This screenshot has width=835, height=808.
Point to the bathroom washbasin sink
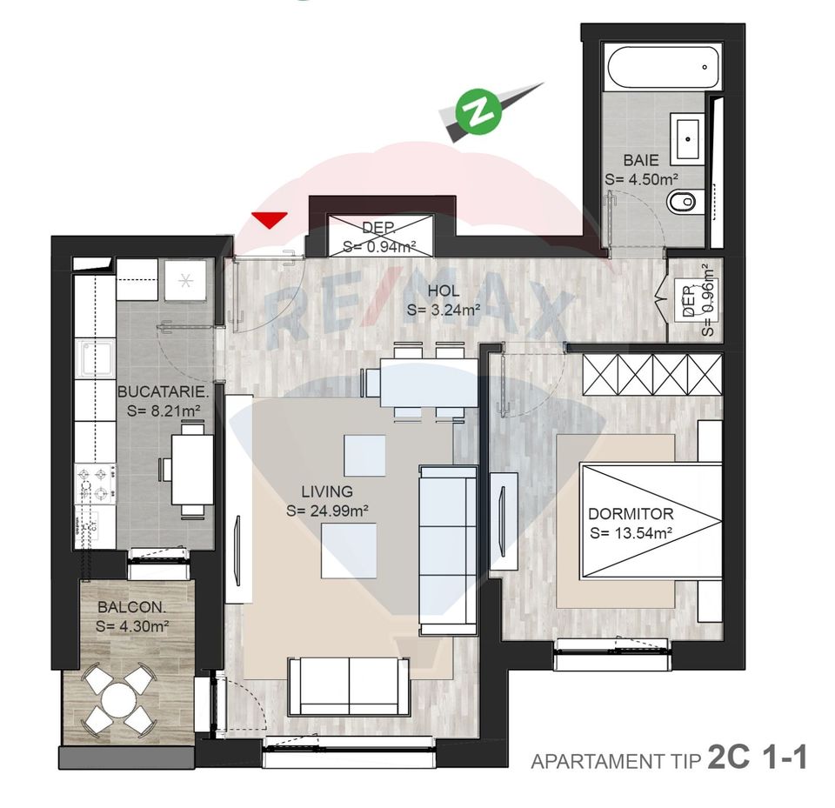(x=690, y=137)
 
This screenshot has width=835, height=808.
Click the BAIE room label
(x=641, y=160)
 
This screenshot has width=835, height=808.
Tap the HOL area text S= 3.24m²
(x=444, y=310)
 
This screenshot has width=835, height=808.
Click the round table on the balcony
(x=117, y=698)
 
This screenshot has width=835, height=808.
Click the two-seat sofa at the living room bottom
(x=349, y=686)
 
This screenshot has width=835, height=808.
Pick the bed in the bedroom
(x=651, y=521)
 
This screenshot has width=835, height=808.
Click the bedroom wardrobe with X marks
(x=651, y=373)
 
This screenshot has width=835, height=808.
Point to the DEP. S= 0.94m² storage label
(x=377, y=237)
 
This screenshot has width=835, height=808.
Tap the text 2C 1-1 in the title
(x=758, y=758)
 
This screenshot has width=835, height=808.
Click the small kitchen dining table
(x=191, y=469)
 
